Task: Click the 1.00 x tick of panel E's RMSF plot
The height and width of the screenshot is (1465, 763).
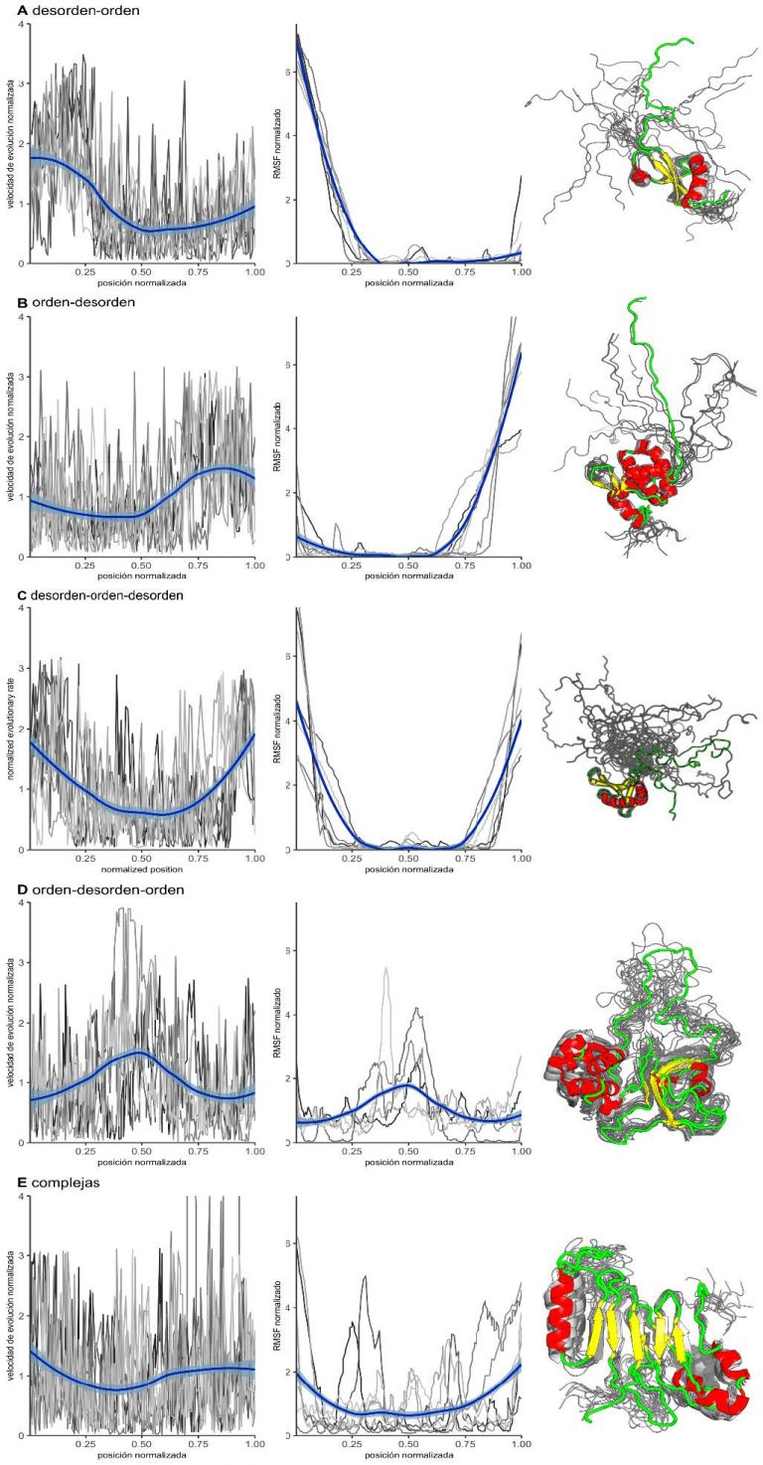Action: point(521,1446)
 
